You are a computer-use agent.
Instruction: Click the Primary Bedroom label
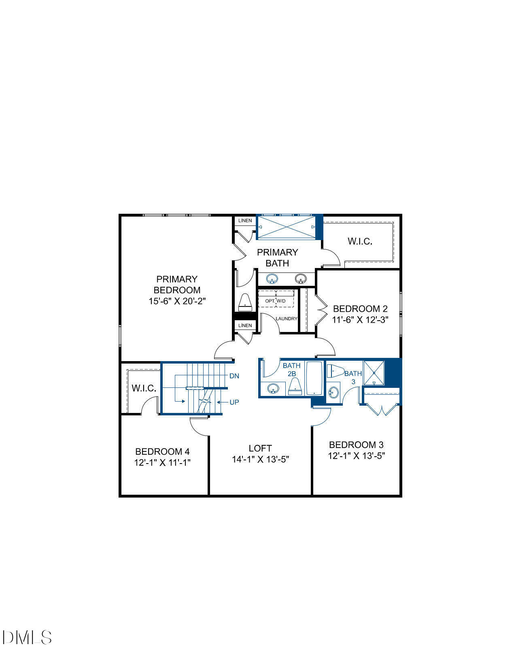177,285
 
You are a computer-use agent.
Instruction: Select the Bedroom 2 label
360,308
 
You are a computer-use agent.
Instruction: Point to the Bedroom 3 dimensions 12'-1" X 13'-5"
356,456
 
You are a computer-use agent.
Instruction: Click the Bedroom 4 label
162,451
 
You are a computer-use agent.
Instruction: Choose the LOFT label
260,448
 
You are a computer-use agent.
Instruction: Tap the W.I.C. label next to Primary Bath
360,241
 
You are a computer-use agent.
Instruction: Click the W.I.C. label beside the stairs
144,388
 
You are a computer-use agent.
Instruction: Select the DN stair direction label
234,376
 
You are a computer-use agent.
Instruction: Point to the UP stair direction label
234,402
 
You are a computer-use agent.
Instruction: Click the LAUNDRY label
287,319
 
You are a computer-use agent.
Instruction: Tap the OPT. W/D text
276,301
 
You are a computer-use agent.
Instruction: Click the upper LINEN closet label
245,221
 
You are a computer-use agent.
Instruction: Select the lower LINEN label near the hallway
245,325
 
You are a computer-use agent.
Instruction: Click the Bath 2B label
291,370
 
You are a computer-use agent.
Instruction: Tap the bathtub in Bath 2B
314,378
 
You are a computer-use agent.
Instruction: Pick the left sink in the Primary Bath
273,279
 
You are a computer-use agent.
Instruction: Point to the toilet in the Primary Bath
245,302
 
